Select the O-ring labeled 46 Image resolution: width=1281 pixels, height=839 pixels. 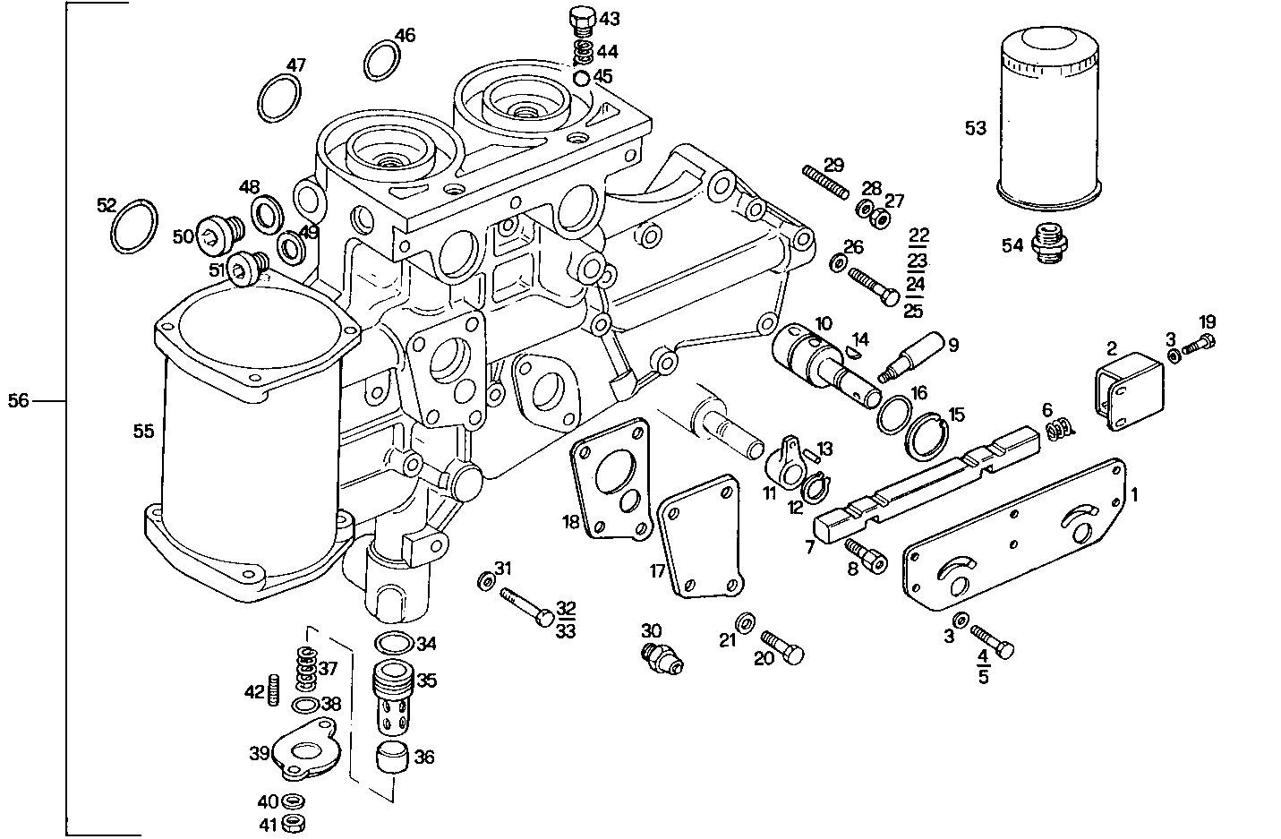point(383,61)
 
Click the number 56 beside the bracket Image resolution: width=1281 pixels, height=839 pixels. point(19,401)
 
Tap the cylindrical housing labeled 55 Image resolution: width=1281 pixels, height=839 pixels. point(251,448)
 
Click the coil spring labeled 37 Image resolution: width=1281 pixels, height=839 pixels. point(306,667)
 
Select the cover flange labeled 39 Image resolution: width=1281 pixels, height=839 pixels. point(304,748)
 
